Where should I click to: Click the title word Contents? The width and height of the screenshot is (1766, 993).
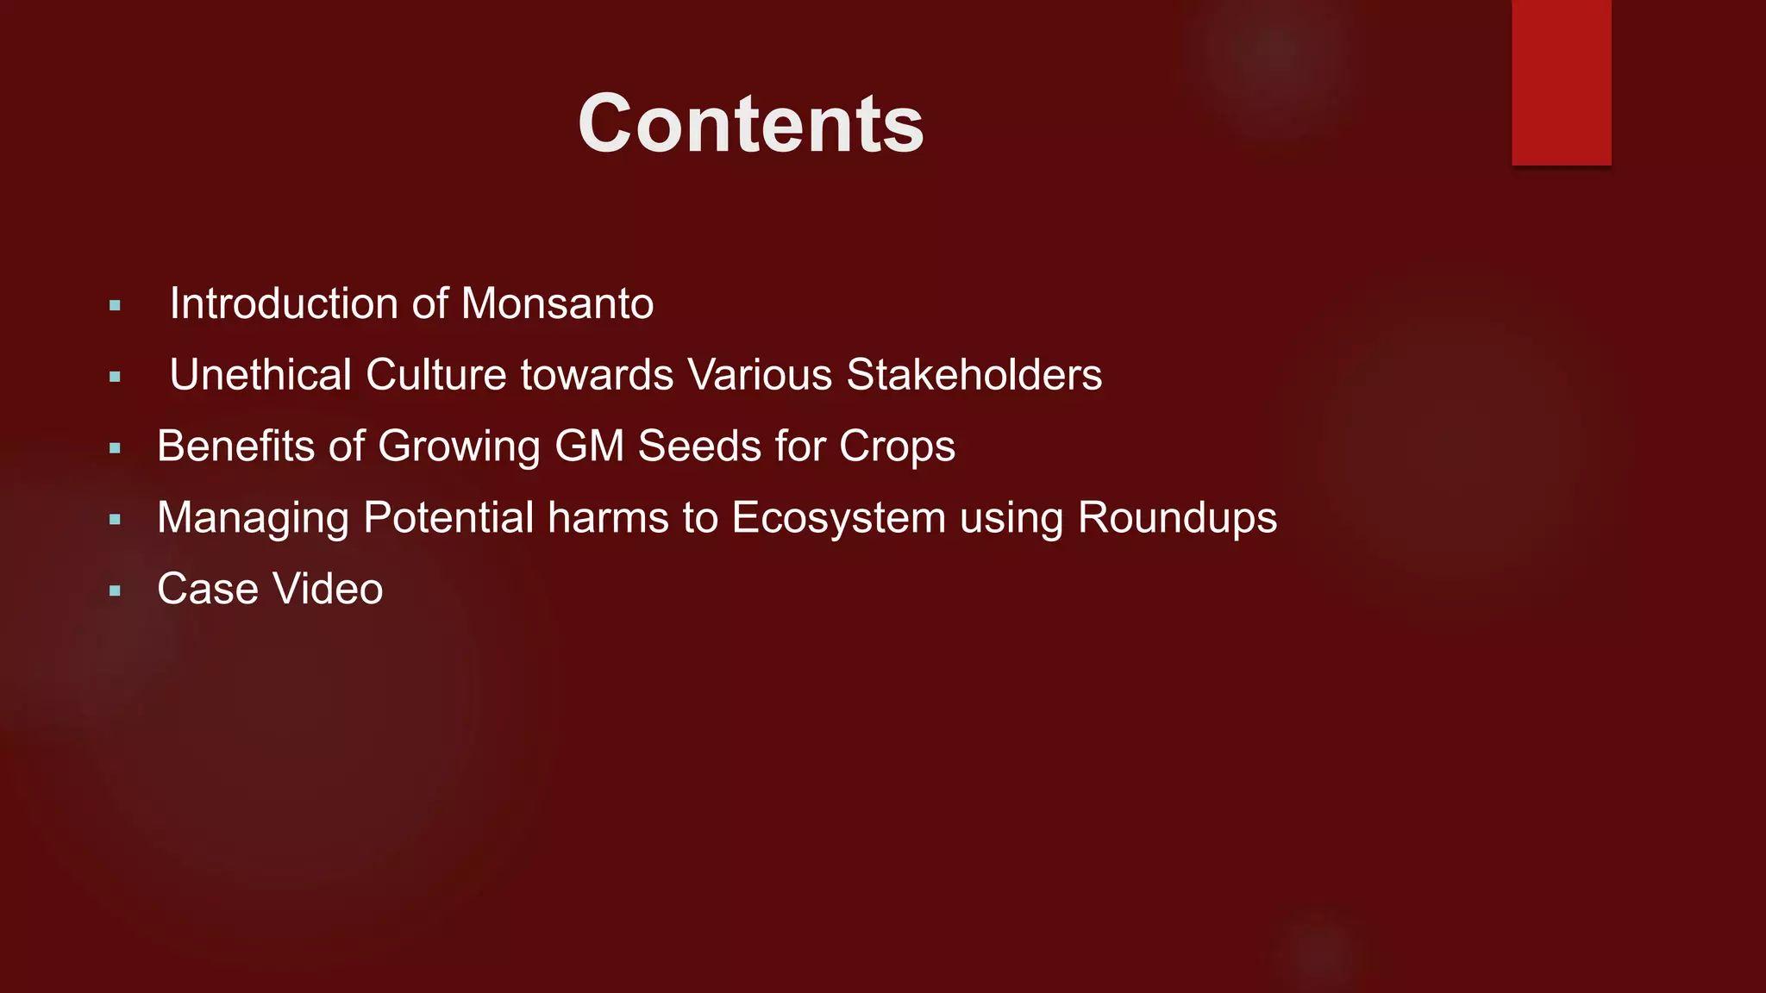pyautogui.click(x=750, y=124)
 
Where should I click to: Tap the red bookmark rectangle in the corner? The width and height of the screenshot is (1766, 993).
pyautogui.click(x=1561, y=82)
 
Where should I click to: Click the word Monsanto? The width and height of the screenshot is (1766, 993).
pyautogui.click(x=557, y=304)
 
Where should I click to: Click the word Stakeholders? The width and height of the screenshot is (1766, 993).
pyautogui.click(x=974, y=375)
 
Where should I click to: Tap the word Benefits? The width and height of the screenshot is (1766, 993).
pyautogui.click(x=235, y=447)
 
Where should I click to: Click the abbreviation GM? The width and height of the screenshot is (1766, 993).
pyautogui.click(x=589, y=447)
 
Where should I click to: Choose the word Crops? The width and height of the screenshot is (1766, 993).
pyautogui.click(x=897, y=447)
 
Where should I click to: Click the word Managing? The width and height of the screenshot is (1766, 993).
pyautogui.click(x=253, y=519)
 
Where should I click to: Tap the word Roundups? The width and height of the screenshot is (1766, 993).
pyautogui.click(x=1177, y=518)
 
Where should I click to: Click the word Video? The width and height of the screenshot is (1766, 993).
pyautogui.click(x=328, y=590)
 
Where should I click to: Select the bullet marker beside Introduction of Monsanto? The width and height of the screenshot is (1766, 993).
pyautogui.click(x=115, y=306)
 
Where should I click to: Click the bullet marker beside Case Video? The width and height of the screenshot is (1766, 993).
pyautogui.click(x=115, y=591)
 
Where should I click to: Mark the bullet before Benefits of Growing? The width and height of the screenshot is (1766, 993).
pyautogui.click(x=115, y=448)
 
